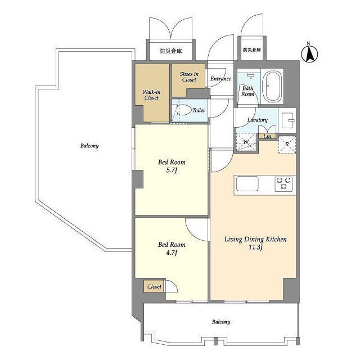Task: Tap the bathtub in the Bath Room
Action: click(272, 87)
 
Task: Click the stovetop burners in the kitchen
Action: click(283, 184)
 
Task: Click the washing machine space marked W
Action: click(246, 142)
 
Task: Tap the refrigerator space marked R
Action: click(287, 145)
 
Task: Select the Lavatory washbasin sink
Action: click(287, 120)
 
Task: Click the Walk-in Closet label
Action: click(151, 95)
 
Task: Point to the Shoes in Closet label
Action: click(189, 76)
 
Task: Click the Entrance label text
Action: click(220, 79)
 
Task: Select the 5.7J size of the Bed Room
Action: click(172, 170)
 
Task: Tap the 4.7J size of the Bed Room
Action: click(172, 253)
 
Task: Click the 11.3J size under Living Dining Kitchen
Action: click(255, 247)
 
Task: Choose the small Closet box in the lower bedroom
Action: click(154, 286)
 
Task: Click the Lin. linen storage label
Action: click(268, 136)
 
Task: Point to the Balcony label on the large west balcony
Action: click(89, 146)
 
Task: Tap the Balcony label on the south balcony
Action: click(221, 322)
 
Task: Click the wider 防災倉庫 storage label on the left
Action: click(171, 51)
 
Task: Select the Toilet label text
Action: click(199, 110)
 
